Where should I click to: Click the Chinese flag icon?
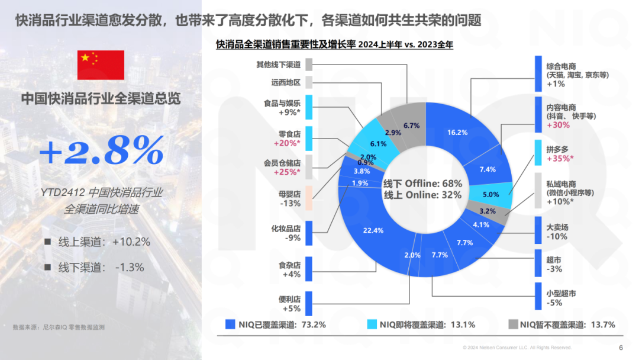click(x=101, y=65)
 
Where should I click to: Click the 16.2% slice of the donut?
click(x=458, y=132)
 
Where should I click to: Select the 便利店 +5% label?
click(x=291, y=304)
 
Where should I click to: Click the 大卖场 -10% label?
click(x=557, y=231)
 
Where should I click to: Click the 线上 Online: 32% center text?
click(x=422, y=195)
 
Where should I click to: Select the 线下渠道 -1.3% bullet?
click(x=101, y=267)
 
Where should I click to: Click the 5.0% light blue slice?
click(x=490, y=194)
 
